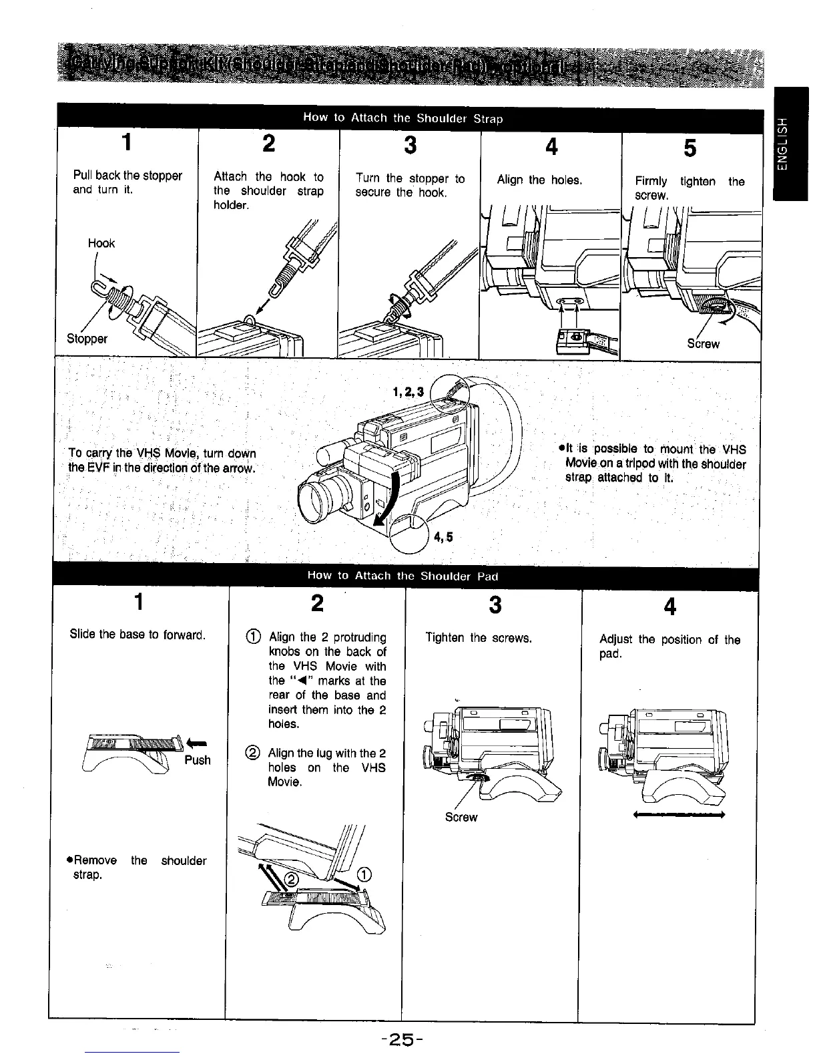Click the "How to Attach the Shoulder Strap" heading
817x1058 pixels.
pos(402,118)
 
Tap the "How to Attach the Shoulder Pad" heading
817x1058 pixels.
pos(402,575)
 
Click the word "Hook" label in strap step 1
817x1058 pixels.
pos(101,244)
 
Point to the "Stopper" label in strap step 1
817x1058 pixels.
pos(87,338)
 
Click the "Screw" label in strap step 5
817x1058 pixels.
pos(704,344)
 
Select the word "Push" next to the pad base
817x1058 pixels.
pos(197,760)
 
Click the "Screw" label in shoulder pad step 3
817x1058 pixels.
pos(461,817)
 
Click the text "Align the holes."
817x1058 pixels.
pos(539,180)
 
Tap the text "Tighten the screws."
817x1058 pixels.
pos(479,638)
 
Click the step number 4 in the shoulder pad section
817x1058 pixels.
pos(670,606)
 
